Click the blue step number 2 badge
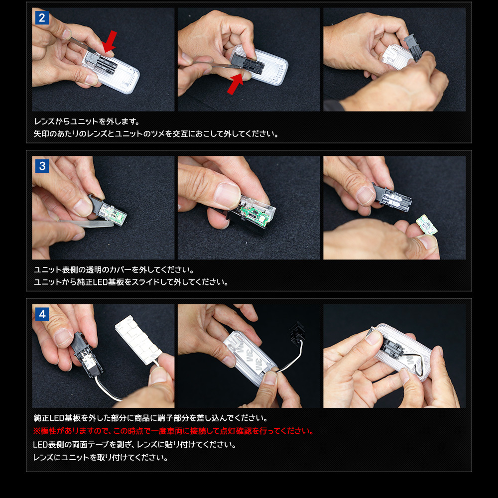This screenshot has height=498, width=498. (42, 18)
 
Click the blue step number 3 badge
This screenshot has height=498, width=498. (42, 166)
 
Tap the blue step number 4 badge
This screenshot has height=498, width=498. (42, 314)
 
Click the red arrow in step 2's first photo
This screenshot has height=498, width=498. (110, 41)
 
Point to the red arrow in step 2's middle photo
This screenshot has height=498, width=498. (236, 84)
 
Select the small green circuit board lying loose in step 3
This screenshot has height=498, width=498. (427, 225)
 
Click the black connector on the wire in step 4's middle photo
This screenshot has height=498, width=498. (297, 334)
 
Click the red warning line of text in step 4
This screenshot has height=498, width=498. (173, 431)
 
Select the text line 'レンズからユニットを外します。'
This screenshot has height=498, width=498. (87, 122)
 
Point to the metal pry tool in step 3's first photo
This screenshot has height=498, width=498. (86, 223)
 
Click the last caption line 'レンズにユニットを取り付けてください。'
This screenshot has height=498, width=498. (101, 458)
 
